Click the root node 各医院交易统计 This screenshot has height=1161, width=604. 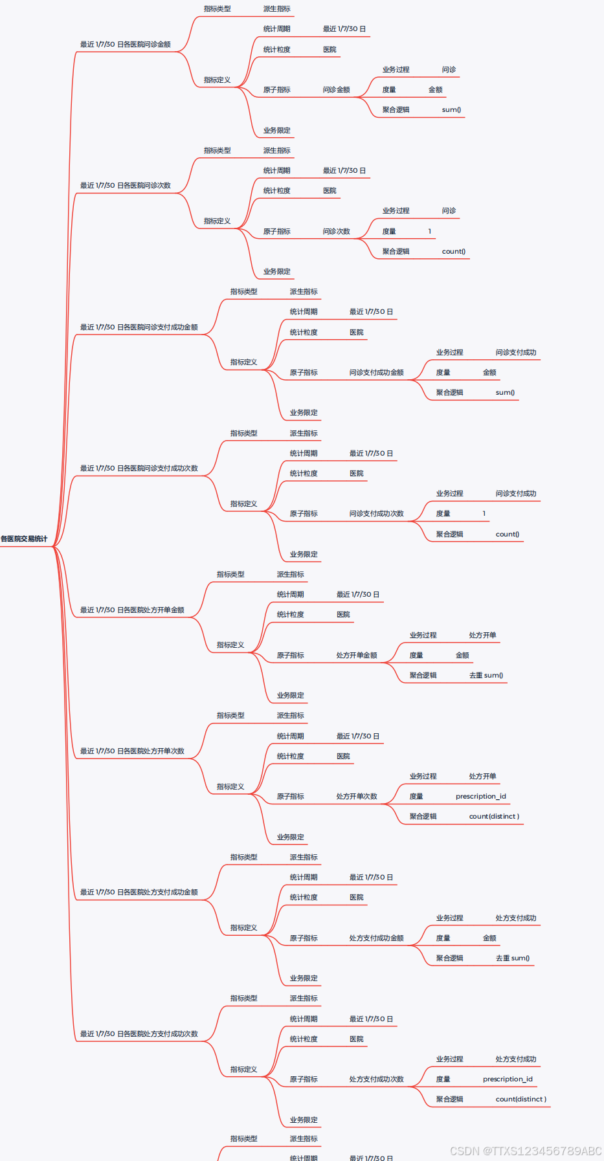[x=24, y=538]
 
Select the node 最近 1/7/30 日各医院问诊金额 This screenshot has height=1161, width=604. [x=125, y=44]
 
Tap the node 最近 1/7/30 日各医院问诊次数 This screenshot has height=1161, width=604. [x=125, y=185]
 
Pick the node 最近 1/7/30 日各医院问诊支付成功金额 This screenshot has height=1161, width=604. [x=139, y=327]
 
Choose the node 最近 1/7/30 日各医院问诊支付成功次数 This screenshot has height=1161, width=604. [x=139, y=468]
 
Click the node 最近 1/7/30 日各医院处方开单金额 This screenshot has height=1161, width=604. [x=132, y=610]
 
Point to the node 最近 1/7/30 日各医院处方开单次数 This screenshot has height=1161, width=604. [x=132, y=751]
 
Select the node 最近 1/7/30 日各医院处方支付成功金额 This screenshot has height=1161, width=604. [x=139, y=892]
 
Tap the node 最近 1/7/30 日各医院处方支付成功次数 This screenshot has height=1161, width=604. [x=139, y=1034]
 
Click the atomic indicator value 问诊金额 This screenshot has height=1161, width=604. [x=336, y=89]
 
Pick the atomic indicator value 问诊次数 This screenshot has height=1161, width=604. [x=336, y=231]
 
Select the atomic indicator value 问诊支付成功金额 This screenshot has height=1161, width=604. [x=376, y=372]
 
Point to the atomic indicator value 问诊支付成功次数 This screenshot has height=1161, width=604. [x=376, y=513]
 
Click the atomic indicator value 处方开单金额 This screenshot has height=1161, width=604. [x=356, y=655]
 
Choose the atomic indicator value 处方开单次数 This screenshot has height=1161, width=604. [x=356, y=796]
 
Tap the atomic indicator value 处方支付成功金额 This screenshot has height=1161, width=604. [x=376, y=938]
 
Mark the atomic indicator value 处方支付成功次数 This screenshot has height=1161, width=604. [x=376, y=1079]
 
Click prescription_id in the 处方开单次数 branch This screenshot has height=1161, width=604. [x=480, y=796]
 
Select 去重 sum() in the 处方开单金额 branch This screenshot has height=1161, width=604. [x=486, y=675]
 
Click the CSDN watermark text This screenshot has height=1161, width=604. [x=525, y=1151]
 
